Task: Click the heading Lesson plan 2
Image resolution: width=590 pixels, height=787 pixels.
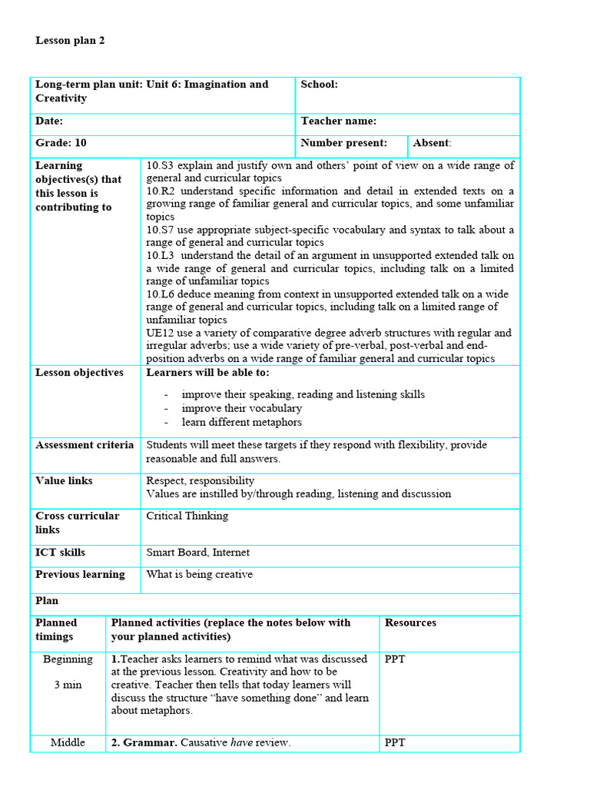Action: [70, 41]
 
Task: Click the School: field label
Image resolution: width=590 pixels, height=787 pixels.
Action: [319, 85]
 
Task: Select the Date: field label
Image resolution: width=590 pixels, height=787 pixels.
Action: [49, 121]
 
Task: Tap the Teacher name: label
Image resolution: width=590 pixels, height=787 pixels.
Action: [338, 121]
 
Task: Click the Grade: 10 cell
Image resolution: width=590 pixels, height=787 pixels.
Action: [61, 143]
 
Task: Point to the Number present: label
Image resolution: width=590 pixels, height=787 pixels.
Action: [343, 143]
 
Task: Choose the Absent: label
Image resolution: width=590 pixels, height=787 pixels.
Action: [432, 143]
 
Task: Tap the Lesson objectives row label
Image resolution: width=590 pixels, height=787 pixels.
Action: [79, 373]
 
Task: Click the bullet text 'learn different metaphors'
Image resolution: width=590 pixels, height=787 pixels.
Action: [241, 422]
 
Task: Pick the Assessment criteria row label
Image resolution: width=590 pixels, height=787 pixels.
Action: [85, 445]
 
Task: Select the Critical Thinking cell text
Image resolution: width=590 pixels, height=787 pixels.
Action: [187, 516]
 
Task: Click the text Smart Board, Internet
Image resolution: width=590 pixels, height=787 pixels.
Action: [197, 553]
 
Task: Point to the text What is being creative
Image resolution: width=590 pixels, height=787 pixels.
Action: [199, 574]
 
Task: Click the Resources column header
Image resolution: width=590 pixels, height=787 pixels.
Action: [410, 623]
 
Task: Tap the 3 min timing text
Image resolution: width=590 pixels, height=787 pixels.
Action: [68, 684]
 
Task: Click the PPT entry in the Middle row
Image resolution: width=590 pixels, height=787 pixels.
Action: [395, 742]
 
